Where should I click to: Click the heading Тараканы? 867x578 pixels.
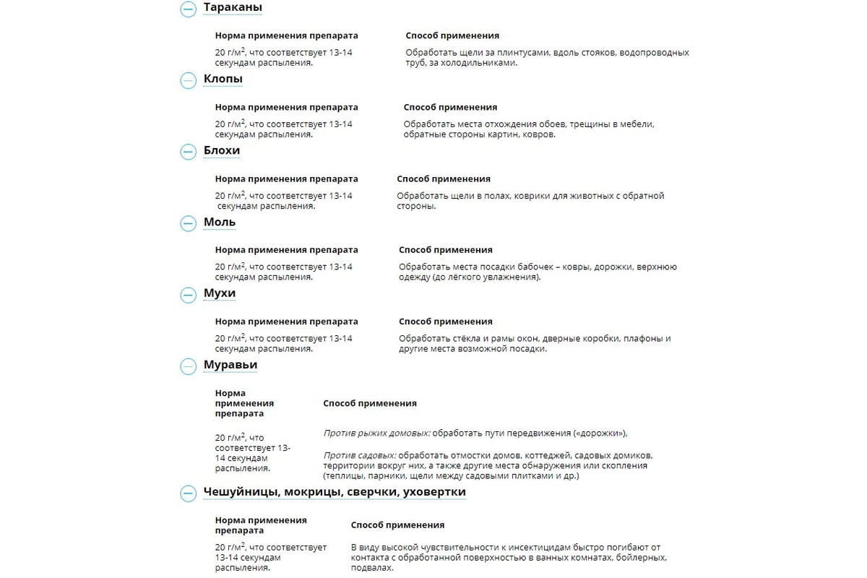coord(233,8)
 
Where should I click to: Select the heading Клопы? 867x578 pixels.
coord(223,79)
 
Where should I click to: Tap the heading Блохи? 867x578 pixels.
coord(221,150)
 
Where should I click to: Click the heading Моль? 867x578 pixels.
coord(219,222)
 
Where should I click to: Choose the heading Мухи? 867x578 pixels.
coord(219,293)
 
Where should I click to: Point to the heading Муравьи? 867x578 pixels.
coord(230,365)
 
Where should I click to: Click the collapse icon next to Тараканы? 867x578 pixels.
coord(188,9)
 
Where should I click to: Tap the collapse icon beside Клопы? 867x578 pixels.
coord(188,80)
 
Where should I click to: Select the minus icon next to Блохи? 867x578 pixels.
coord(188,152)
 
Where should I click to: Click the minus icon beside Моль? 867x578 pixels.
coord(188,223)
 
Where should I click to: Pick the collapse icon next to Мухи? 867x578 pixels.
coord(188,295)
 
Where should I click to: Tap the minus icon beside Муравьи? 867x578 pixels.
coord(188,366)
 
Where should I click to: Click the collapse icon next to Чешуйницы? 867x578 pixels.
coord(188,493)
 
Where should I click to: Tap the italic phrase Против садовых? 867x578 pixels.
coord(359,456)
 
